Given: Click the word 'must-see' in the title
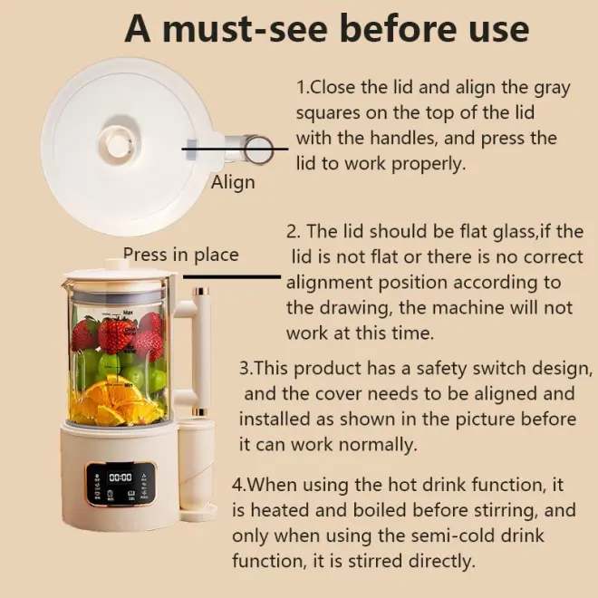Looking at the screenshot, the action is (245, 29).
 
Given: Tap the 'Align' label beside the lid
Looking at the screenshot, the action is (233, 182).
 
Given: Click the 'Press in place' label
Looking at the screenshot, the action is (181, 255).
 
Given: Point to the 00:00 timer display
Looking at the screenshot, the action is (121, 477).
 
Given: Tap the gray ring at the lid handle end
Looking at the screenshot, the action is (258, 149).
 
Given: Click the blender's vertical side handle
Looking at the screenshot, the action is (201, 352).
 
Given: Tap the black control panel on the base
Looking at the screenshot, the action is (121, 485).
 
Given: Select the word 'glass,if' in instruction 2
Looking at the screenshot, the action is (521, 231).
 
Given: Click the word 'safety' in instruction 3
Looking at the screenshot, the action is (441, 369).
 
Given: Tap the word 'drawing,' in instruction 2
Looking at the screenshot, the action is (356, 308).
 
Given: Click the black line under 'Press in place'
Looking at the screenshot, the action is (232, 277).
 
